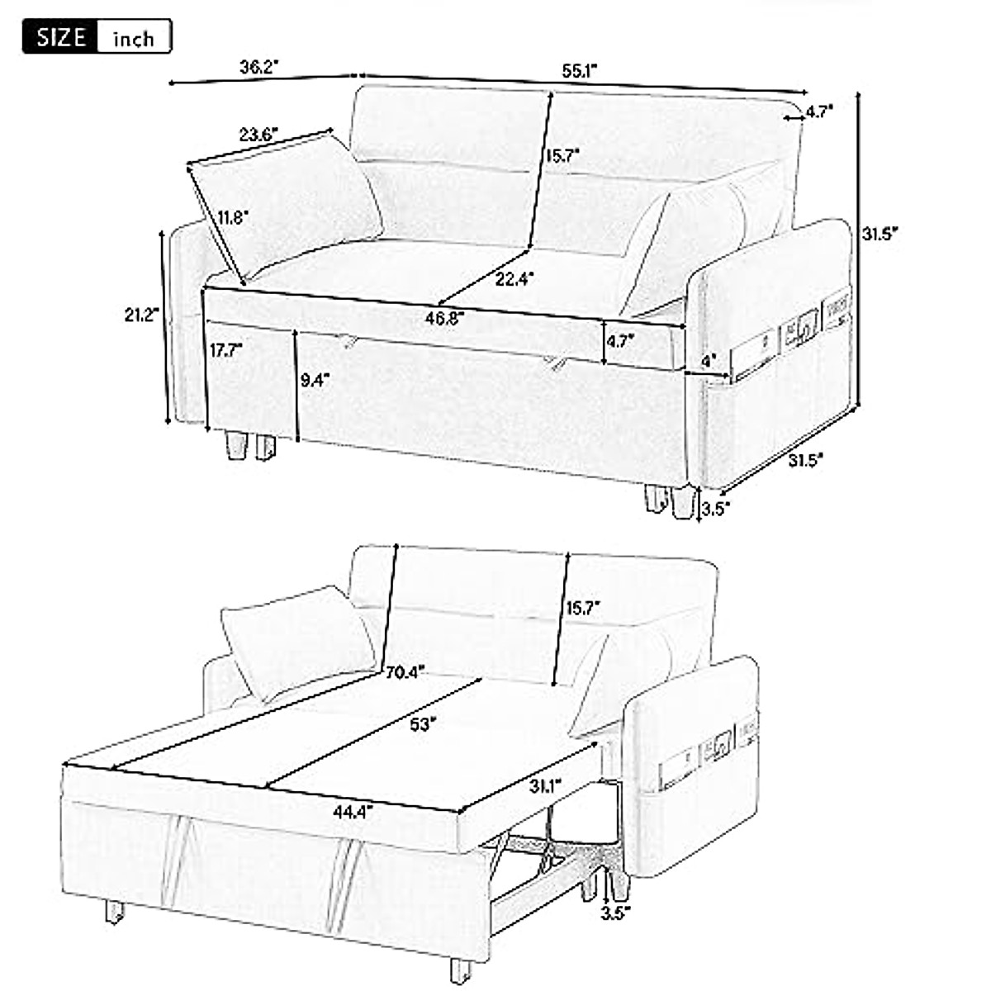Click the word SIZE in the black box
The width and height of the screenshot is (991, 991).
click(x=61, y=37)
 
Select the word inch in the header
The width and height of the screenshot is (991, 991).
click(x=133, y=39)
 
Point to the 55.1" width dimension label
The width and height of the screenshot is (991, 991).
click(x=580, y=71)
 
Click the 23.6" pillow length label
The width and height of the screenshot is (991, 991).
click(x=258, y=135)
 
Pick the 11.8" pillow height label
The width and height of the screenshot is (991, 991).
click(x=234, y=218)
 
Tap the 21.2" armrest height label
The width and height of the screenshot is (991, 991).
click(x=136, y=315)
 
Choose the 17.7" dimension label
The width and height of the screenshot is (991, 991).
click(x=225, y=349)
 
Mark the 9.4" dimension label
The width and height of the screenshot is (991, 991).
click(x=315, y=379)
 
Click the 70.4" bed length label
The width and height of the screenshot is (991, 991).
click(x=405, y=671)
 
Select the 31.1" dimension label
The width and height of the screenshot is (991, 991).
click(x=543, y=784)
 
